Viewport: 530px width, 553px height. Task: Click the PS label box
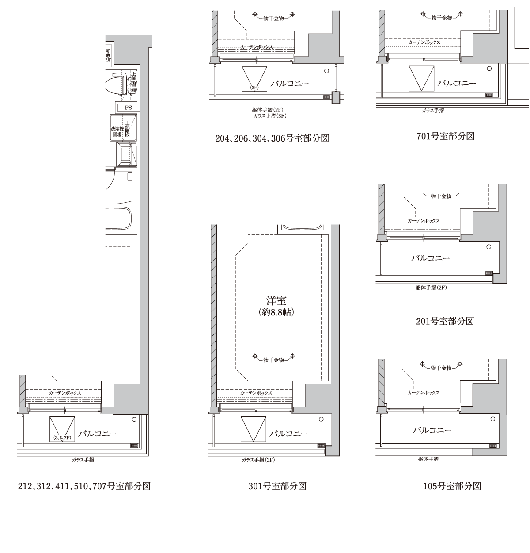[x=128, y=108]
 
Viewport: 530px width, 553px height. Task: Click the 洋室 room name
[x=276, y=301]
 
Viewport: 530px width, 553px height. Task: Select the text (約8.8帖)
[x=276, y=313]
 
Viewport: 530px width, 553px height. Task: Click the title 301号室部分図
[x=277, y=486]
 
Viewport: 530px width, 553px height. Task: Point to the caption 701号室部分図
[x=446, y=136]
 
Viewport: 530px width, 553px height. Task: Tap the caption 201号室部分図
[x=445, y=321]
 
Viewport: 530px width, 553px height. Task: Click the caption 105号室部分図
[x=452, y=486]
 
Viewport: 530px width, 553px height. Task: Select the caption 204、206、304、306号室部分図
[x=272, y=138]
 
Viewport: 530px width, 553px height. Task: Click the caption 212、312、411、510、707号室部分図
[x=84, y=486]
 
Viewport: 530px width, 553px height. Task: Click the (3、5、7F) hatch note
[x=62, y=438]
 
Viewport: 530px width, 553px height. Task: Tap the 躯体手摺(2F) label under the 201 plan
[x=431, y=288]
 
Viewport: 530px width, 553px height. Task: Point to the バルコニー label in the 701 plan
[x=457, y=83]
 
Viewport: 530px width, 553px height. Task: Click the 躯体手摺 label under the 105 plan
[x=428, y=459]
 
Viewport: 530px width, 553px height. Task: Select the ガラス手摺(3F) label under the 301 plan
[x=258, y=460]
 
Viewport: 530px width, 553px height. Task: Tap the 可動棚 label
[x=108, y=55]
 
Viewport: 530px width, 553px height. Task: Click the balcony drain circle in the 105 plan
[x=493, y=419]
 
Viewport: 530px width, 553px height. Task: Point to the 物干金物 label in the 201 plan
[x=441, y=196]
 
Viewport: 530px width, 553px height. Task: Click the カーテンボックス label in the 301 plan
[x=256, y=393]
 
